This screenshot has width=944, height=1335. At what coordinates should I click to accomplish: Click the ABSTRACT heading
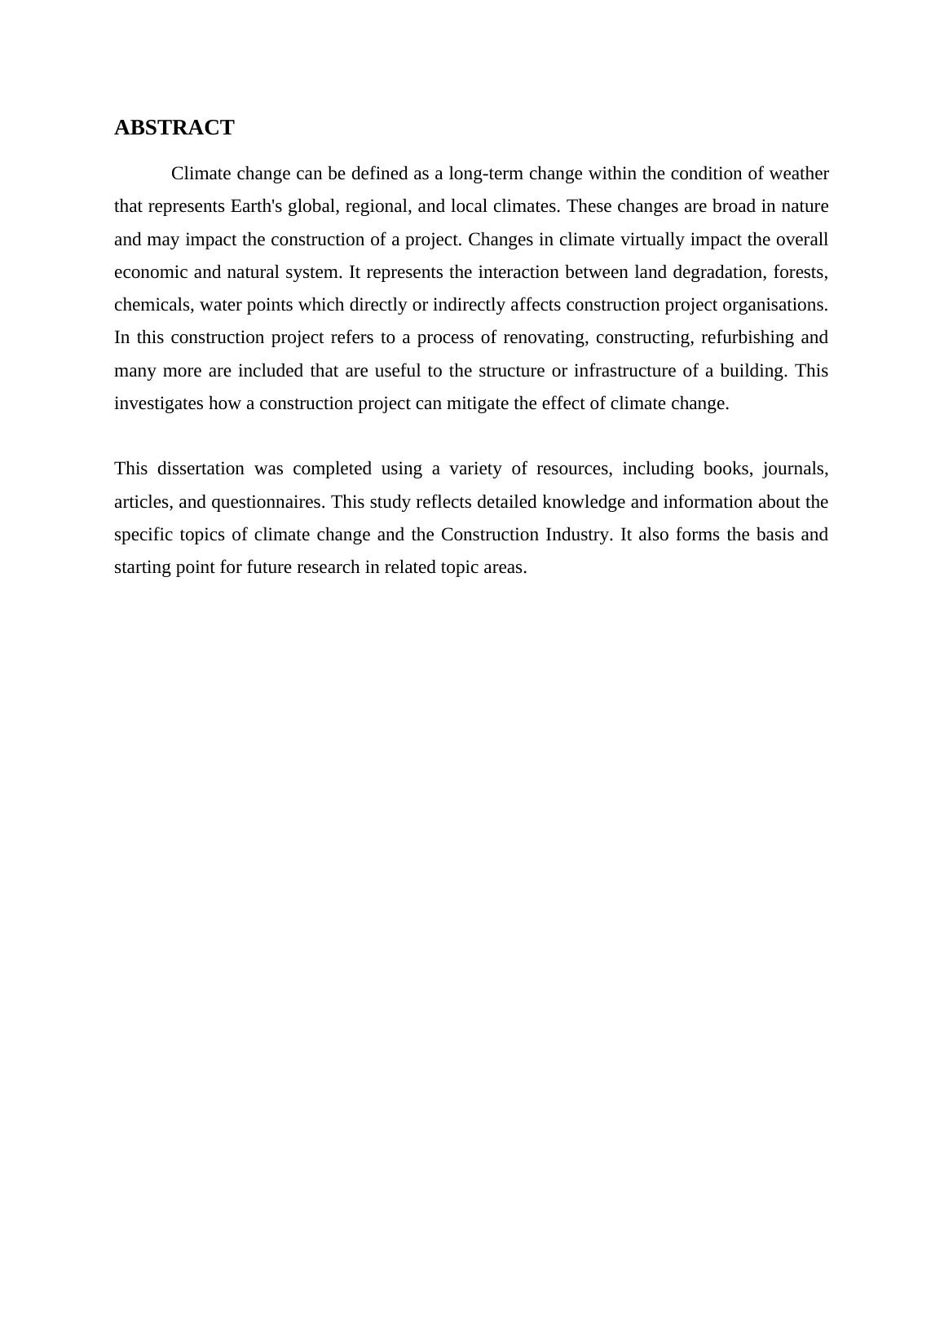174,128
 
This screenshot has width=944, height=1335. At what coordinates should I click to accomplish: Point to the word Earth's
257,206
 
